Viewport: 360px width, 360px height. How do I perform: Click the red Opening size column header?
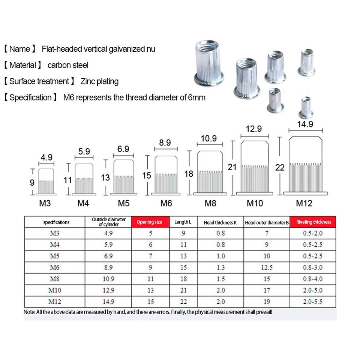(x=149, y=222)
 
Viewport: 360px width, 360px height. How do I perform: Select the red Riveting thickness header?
(x=313, y=222)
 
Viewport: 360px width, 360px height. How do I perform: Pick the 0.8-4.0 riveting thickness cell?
(x=313, y=279)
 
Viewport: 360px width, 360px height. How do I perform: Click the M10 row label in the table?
(x=54, y=290)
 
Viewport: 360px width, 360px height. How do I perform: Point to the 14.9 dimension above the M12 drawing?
(x=305, y=124)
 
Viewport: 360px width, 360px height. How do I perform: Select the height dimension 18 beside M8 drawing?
(x=189, y=174)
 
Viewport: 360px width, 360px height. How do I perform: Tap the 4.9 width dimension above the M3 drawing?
(x=46, y=157)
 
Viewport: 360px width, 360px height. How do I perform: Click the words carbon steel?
(x=68, y=65)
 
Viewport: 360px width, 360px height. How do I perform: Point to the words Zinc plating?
(x=99, y=81)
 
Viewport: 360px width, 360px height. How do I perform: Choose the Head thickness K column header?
(x=220, y=222)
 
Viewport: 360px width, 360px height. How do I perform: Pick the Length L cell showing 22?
(x=183, y=301)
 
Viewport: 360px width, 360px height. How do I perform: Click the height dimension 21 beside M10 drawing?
(x=232, y=166)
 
